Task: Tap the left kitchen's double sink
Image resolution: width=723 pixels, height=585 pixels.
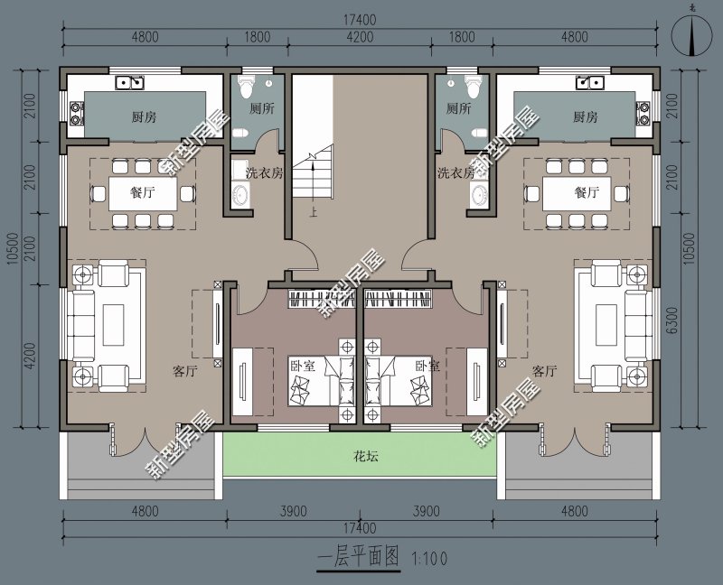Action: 130,82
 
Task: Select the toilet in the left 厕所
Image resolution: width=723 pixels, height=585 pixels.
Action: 245,86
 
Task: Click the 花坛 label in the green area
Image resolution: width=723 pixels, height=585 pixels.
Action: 366,457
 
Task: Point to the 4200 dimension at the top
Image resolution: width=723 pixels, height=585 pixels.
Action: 360,37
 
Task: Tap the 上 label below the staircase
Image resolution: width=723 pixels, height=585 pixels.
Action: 314,213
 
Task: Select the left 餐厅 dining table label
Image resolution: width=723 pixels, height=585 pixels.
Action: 143,192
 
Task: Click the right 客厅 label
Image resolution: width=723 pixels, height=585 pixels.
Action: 544,371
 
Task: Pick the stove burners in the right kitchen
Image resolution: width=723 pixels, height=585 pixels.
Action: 643,114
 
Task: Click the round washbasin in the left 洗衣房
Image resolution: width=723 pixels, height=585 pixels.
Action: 240,195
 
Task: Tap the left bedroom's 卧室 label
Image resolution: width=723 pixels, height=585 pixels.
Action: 303,367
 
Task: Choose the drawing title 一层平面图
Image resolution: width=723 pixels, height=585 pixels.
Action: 358,557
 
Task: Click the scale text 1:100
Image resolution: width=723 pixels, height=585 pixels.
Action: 429,559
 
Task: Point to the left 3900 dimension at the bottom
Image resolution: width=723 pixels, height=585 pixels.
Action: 293,511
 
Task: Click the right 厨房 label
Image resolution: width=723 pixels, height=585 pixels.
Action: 586,117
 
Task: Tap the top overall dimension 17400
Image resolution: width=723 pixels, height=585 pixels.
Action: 360,20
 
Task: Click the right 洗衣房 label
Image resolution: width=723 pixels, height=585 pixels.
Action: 455,173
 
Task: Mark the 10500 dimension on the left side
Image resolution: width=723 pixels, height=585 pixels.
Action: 13,249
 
